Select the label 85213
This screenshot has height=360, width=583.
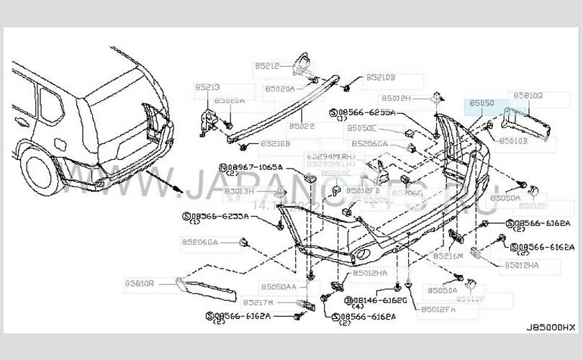click(x=207, y=87)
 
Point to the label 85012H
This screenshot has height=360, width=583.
click(x=397, y=98)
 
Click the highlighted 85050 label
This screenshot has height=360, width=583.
click(x=482, y=104)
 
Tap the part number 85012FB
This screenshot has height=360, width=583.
click(x=363, y=190)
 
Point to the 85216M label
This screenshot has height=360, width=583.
click(x=448, y=256)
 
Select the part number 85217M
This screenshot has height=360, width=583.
click(x=257, y=302)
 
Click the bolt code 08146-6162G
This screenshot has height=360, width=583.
click(x=380, y=299)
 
